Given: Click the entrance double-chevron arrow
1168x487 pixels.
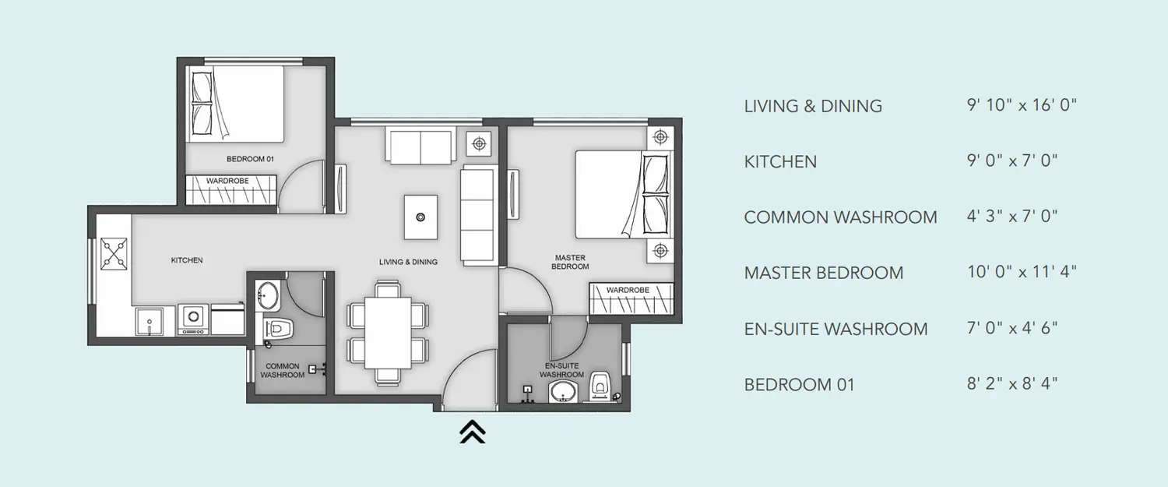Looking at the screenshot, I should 472,431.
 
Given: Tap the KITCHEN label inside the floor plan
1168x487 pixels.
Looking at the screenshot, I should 187,260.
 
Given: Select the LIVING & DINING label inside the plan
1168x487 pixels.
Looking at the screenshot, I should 408,262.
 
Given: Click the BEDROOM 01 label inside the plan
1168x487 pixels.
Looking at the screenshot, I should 250,159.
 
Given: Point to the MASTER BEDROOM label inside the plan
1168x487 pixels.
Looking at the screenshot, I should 570,262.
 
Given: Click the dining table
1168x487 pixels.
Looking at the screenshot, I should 387,331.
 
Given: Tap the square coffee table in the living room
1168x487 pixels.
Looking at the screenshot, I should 420,217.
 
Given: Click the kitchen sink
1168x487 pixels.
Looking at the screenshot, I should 150,321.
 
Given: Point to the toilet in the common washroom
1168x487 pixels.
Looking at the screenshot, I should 276,330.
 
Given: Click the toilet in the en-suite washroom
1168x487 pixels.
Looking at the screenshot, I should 600,386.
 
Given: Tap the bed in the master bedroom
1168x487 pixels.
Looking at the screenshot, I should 621,195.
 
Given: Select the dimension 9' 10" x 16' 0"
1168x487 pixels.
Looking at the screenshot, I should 1021,105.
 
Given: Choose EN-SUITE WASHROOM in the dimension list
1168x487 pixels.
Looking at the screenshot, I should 836,329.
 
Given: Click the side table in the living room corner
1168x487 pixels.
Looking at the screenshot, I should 479,143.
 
